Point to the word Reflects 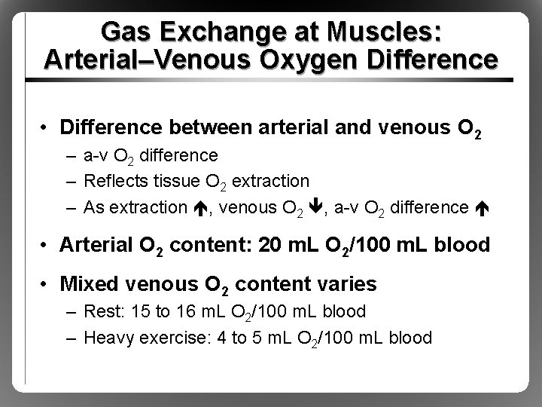pos(114,181)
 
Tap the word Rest pos(100,311)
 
